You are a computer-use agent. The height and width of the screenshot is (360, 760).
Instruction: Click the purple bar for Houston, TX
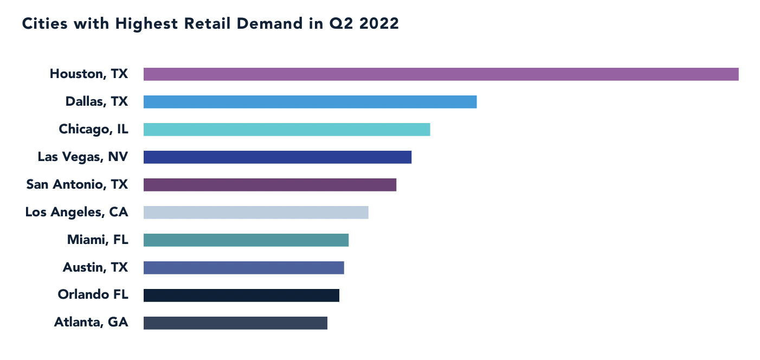click(x=441, y=74)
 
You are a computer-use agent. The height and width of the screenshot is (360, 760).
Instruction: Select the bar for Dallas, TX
click(x=310, y=102)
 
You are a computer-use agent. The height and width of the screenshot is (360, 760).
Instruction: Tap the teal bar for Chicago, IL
click(x=287, y=130)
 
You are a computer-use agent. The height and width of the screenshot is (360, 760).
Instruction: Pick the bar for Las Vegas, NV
click(x=278, y=157)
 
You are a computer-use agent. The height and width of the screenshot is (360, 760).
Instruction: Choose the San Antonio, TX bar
click(x=270, y=185)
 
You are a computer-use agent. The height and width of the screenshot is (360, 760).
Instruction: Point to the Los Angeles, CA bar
click(x=256, y=213)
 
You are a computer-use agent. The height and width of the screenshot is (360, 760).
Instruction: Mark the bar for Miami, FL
click(x=246, y=240)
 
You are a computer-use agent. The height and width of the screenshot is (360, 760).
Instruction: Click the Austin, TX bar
click(x=244, y=268)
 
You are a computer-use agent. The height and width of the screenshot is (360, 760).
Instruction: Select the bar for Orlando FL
click(x=241, y=295)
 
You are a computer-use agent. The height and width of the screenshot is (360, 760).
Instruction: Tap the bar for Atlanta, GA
click(x=235, y=323)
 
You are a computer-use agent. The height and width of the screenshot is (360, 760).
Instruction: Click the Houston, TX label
click(x=89, y=74)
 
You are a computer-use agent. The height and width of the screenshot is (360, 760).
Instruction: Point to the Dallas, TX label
click(x=96, y=101)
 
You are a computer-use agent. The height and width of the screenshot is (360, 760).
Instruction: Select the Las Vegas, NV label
click(x=83, y=157)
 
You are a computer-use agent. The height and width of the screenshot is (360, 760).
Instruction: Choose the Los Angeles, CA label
click(x=76, y=212)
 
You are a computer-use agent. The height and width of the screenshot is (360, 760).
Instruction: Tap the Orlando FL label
click(x=93, y=295)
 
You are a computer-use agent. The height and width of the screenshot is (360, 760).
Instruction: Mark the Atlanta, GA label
click(x=91, y=323)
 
